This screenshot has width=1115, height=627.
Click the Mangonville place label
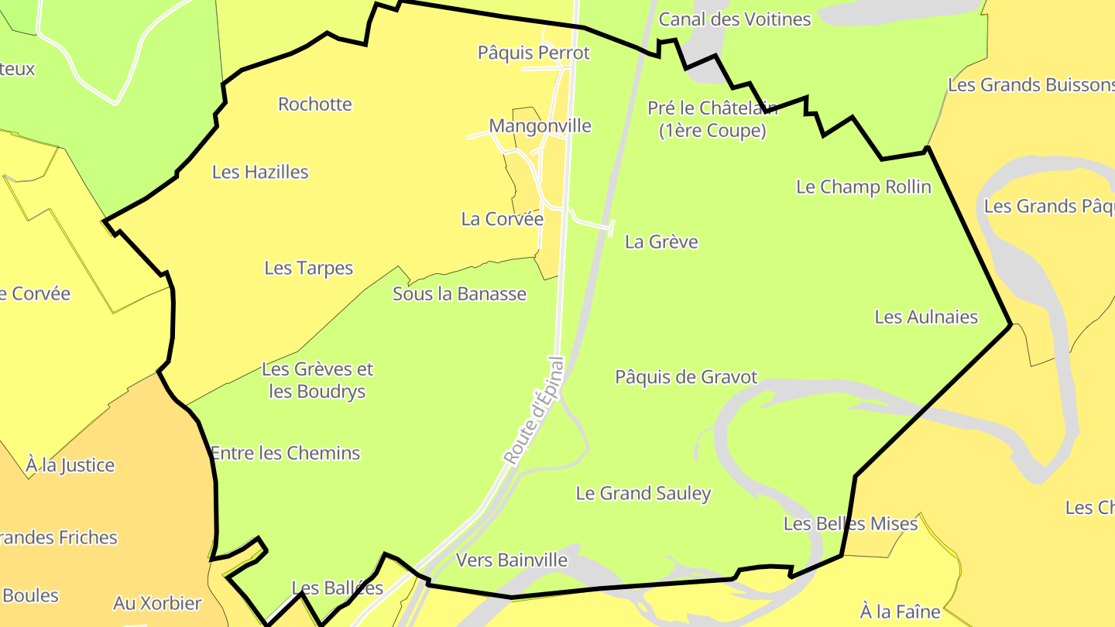[x=540, y=125]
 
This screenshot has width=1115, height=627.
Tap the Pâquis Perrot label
[x=533, y=53]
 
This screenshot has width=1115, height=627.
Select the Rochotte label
[x=315, y=104]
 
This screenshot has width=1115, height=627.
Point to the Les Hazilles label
[x=260, y=172]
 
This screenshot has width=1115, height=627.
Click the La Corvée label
[x=503, y=219]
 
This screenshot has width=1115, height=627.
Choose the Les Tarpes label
[x=308, y=268]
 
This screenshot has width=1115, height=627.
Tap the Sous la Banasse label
[x=459, y=294]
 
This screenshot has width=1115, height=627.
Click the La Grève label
[x=661, y=242]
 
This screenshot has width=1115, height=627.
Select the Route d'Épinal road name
[x=535, y=411]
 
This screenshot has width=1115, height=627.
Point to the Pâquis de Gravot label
[x=686, y=377]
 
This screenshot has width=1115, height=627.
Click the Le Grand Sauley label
[x=643, y=493]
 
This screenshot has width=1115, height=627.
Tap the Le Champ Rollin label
[x=863, y=187]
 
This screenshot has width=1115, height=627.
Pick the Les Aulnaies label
[x=926, y=317]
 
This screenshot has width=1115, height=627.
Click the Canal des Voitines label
[x=734, y=19]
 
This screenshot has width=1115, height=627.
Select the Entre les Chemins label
[x=285, y=453]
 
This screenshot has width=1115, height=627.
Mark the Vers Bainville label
[x=512, y=560]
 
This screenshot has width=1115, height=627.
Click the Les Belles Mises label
[x=850, y=524]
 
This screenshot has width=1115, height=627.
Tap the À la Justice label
[x=70, y=465]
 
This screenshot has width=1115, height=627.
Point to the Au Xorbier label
[x=157, y=603]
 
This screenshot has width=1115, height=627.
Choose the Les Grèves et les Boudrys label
[x=317, y=380]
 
